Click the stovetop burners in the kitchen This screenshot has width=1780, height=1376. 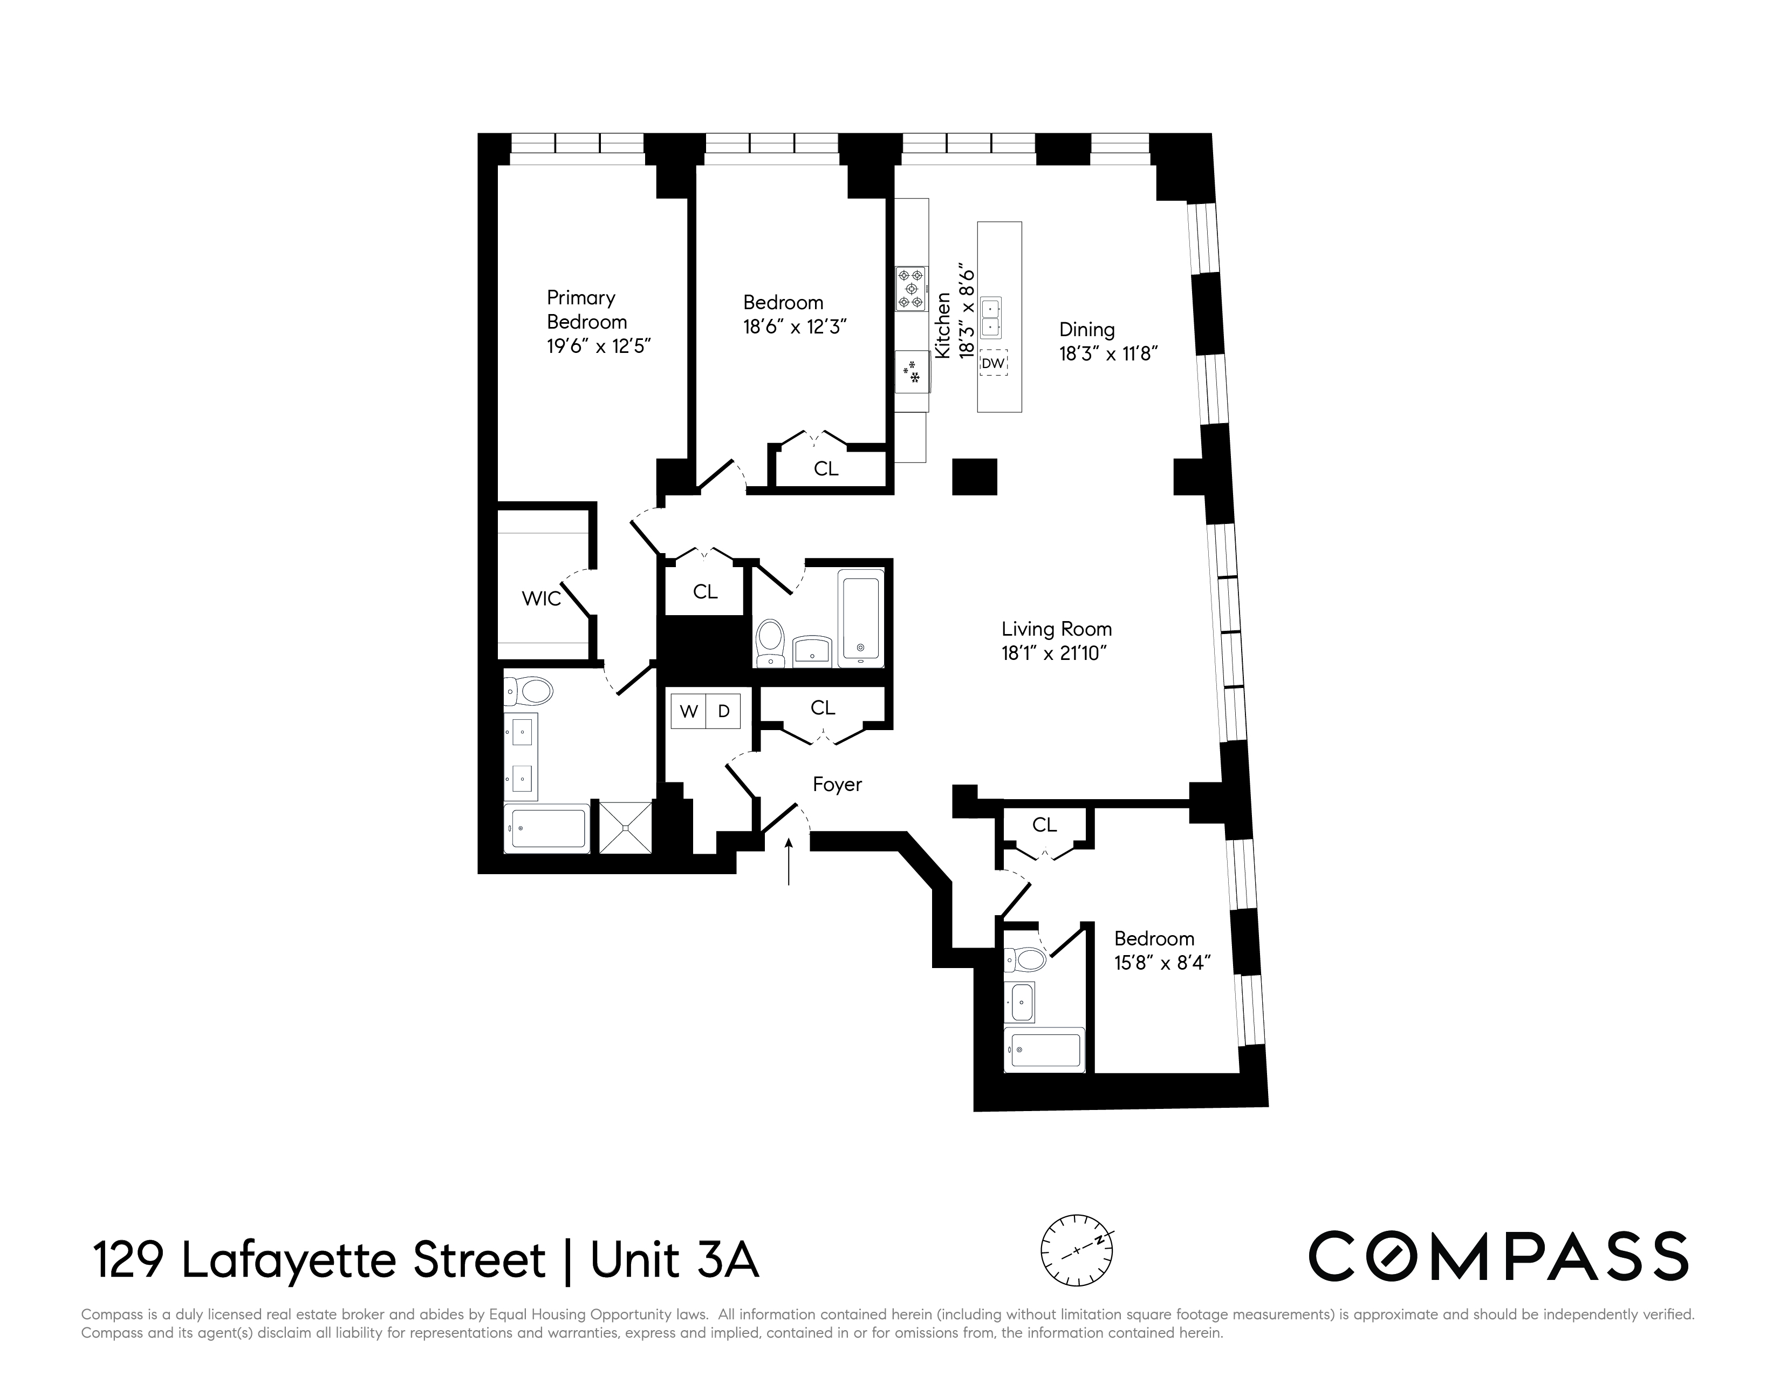[x=911, y=289]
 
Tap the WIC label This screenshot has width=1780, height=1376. [x=541, y=599]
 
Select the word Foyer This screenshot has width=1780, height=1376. [x=837, y=784]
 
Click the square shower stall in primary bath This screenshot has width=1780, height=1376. [x=625, y=827]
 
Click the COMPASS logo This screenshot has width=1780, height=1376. [x=1498, y=1256]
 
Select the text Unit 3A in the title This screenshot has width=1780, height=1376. [x=674, y=1260]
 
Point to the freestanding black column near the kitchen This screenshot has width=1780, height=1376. [x=975, y=477]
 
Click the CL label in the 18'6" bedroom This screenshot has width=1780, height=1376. [x=826, y=469]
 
